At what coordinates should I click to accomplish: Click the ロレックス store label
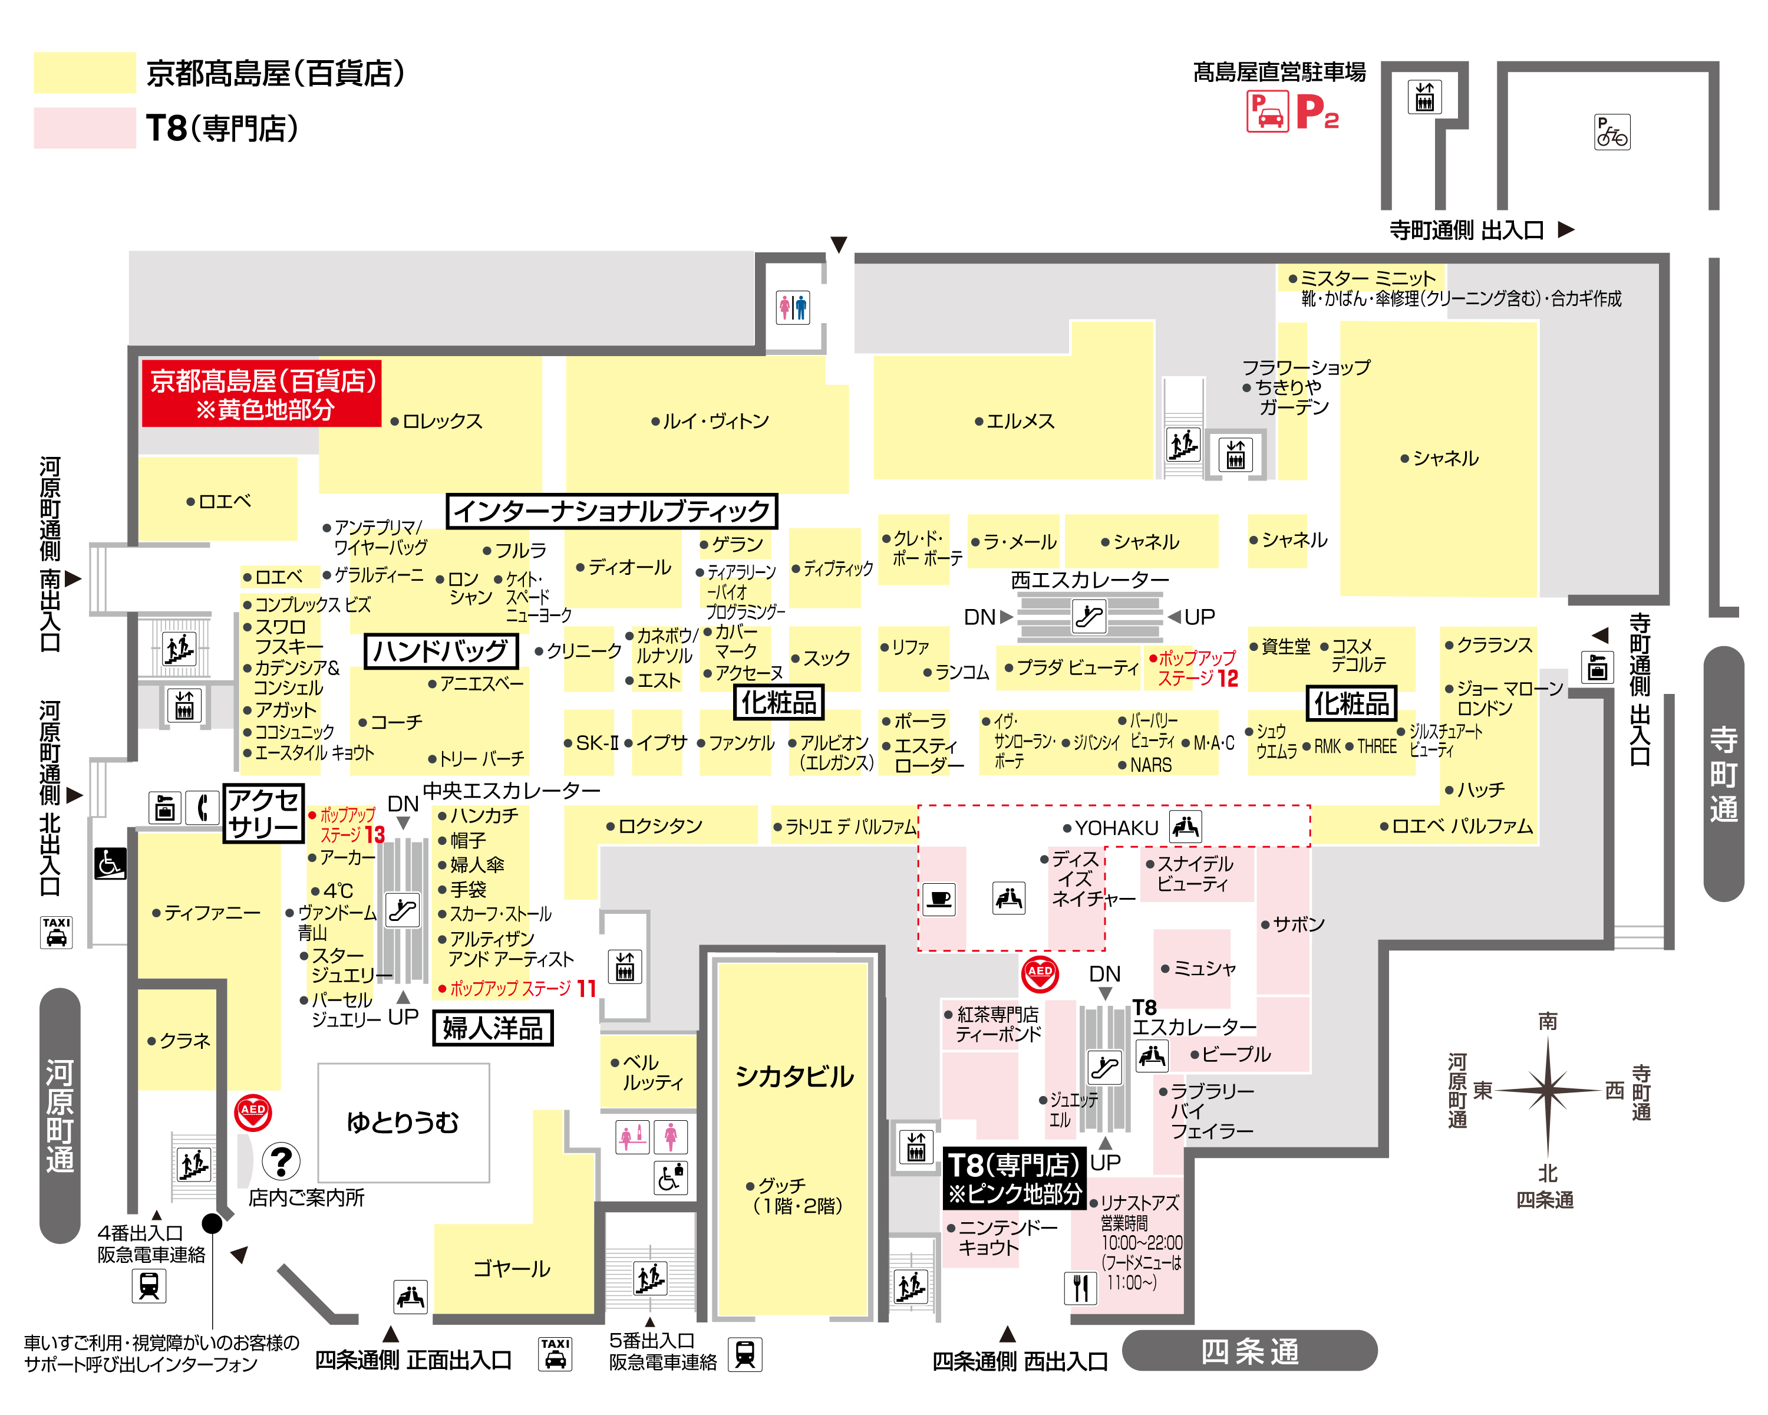[x=437, y=421]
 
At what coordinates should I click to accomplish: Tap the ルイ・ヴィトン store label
[x=710, y=421]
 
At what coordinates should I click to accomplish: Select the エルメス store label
[x=1014, y=421]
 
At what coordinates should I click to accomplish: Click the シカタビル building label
[x=794, y=1075]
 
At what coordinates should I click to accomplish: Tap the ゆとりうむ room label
[x=403, y=1121]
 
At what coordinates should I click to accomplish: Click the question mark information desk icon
[x=281, y=1161]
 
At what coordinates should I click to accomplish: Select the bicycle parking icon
[x=1612, y=132]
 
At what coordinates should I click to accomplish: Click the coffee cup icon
[x=939, y=899]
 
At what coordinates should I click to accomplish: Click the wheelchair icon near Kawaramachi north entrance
[x=110, y=863]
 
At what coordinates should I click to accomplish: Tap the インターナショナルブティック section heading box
[x=612, y=511]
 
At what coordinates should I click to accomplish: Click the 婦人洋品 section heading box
[x=493, y=1028]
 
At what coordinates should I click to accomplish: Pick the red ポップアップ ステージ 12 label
[x=1193, y=668]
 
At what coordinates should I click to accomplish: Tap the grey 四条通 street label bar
[x=1250, y=1351]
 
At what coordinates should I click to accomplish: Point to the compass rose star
[x=1548, y=1091]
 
